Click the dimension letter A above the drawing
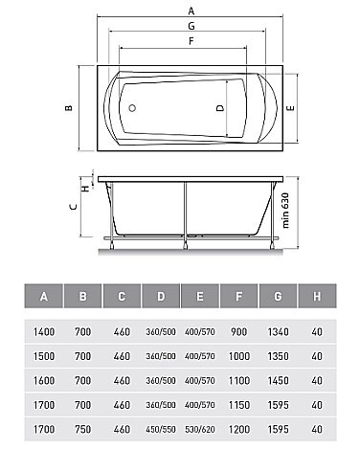point(191,11)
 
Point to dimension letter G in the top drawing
point(191,26)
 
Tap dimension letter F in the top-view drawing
point(191,41)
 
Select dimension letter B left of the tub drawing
point(67,108)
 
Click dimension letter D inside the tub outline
point(220,109)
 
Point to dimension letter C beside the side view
point(74,204)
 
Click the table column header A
point(44,297)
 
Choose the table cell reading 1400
point(44,330)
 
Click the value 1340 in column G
point(279,330)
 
